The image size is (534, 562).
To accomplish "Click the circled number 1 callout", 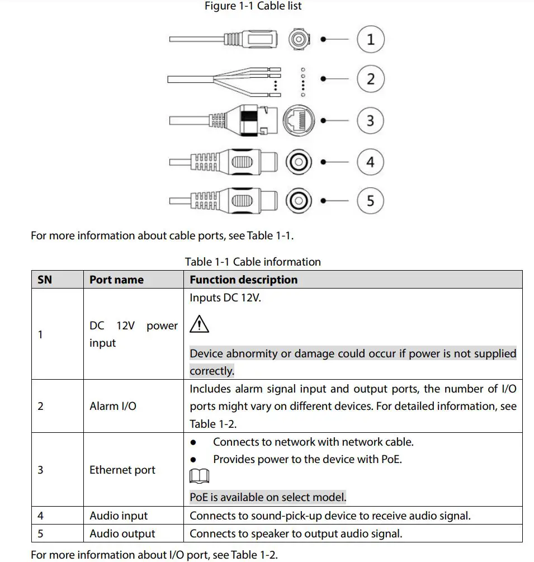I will pos(370,40).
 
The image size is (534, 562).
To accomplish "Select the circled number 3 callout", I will pos(370,120).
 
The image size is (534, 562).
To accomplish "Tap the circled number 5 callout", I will pos(370,200).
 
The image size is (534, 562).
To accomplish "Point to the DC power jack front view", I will pos(299,40).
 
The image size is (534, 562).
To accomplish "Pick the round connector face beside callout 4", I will pos(299,163).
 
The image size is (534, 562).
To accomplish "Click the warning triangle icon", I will pos(199,324).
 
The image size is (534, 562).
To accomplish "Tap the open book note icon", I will pos(200,476).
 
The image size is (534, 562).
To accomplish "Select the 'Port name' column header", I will pos(116,280).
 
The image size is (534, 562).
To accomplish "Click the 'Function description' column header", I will pos(243,280).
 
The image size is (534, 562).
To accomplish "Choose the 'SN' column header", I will pos(45,280).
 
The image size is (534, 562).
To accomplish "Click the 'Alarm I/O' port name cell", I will pos(112,406).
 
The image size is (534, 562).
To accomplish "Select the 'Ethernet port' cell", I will pos(122,470).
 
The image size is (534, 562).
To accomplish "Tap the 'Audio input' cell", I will pos(119,516).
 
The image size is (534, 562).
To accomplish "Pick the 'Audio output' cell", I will pos(122,533).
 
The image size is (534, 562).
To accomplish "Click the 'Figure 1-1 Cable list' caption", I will pos(253,6).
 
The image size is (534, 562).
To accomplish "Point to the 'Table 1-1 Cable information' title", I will pos(253,262).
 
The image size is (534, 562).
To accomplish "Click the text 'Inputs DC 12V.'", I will pos(225,297).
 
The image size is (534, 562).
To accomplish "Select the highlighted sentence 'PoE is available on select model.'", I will pos(268,497).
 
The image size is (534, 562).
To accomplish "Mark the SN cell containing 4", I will pos(40,516).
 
